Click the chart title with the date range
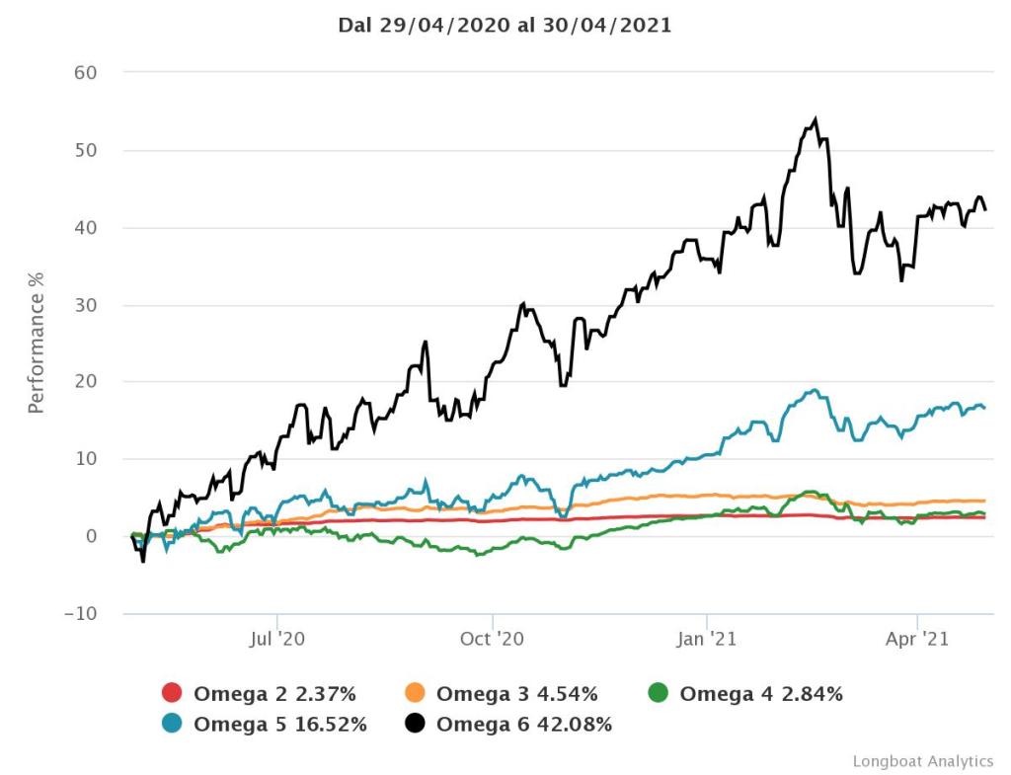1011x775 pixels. point(505,26)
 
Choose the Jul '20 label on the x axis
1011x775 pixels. point(277,640)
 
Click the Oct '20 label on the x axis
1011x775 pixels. point(492,640)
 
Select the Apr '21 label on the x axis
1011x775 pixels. point(918,640)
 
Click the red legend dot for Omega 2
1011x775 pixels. point(172,694)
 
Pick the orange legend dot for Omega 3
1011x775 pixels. point(416,694)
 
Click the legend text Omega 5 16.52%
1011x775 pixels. point(280,725)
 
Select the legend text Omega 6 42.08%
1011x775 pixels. point(524,725)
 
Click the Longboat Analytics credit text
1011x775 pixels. point(923,761)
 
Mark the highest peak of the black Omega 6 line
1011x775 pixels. point(816,119)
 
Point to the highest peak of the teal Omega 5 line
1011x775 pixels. point(814,390)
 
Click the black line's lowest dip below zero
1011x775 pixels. point(143,561)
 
